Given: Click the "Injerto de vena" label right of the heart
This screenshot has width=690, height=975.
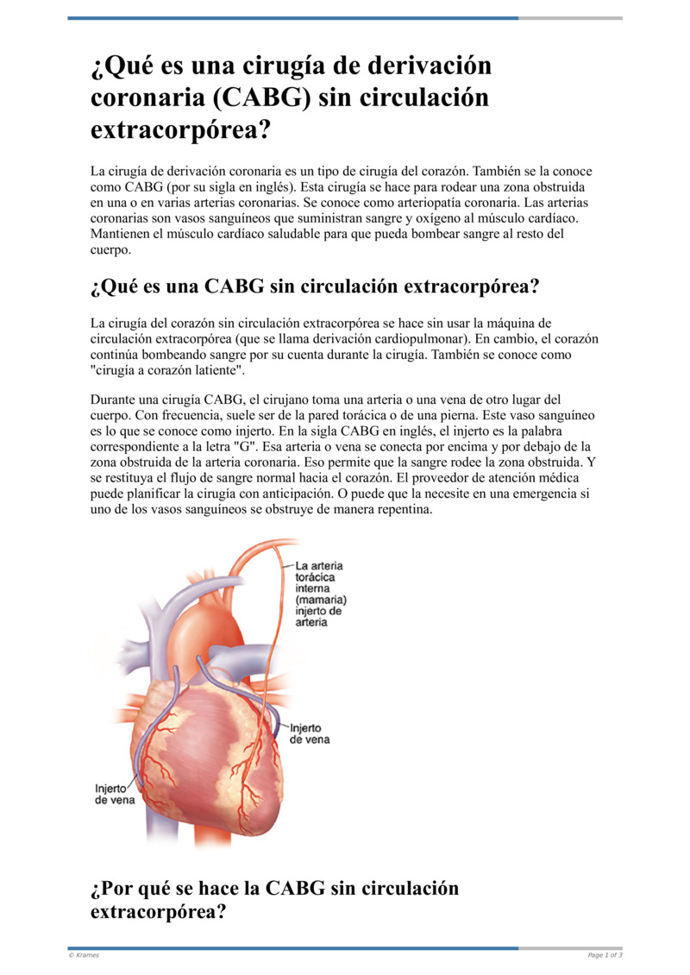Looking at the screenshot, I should (x=310, y=734).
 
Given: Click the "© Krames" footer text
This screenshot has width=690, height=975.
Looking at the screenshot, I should (x=84, y=955).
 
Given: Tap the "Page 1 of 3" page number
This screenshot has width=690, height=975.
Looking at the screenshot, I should (x=605, y=955).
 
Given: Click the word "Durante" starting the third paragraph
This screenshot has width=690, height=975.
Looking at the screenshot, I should (x=114, y=400).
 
